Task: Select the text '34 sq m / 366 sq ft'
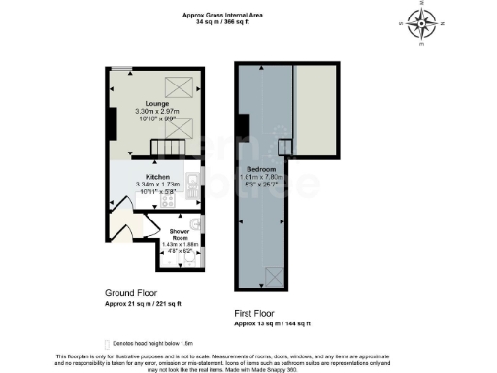click(x=221, y=20)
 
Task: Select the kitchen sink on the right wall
click(x=194, y=181)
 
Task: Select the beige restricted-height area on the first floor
click(x=316, y=112)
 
